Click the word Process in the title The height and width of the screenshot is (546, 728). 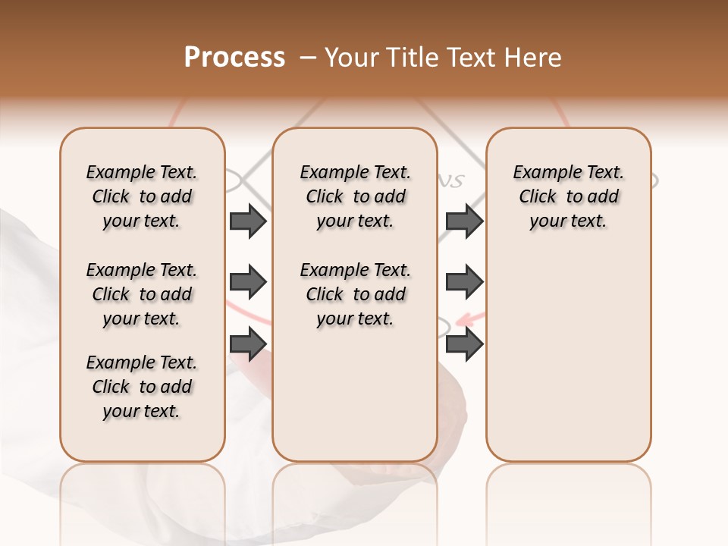point(234,58)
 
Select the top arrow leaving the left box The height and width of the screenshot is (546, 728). point(248,221)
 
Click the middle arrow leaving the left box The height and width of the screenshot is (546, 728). point(248,283)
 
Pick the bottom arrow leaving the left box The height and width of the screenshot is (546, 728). point(248,344)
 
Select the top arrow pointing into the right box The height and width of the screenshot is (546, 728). point(464,221)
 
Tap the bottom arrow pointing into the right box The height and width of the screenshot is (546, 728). point(464,344)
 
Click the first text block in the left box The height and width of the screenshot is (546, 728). point(142,197)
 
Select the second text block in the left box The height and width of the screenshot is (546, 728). point(142,294)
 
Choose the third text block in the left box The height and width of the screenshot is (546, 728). point(142,387)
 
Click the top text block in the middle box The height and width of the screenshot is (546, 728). point(355,197)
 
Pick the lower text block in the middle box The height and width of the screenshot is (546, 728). point(355,294)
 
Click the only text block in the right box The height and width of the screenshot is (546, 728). point(568,197)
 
